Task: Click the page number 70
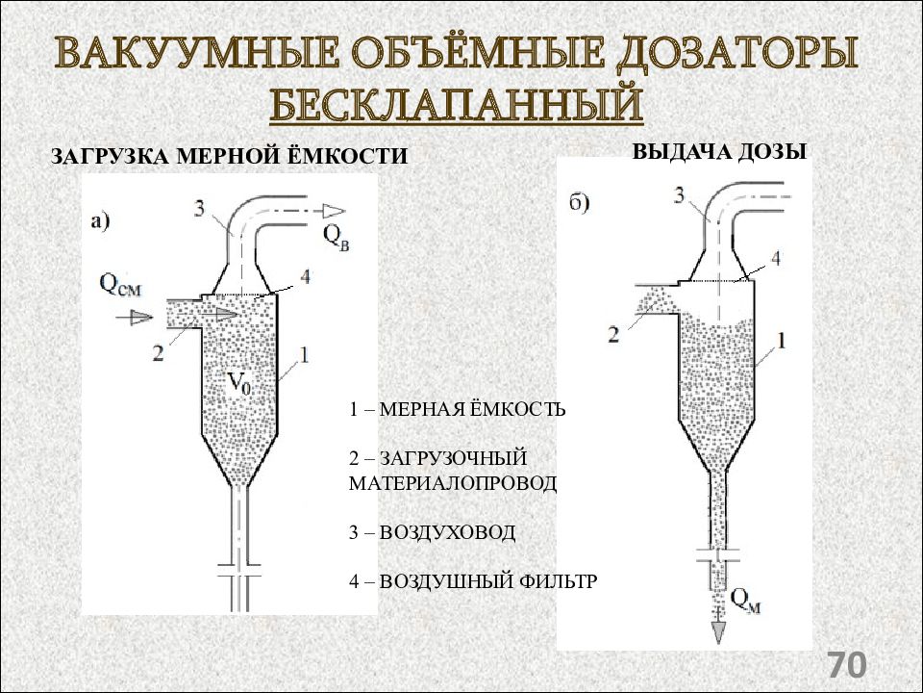848,665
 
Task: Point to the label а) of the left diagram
100,221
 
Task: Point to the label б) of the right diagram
579,202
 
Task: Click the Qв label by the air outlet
336,239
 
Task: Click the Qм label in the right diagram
745,601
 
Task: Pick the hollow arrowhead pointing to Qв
334,212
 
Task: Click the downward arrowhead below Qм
718,632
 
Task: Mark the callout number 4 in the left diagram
305,276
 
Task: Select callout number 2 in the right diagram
613,335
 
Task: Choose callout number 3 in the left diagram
199,209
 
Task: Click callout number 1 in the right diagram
782,341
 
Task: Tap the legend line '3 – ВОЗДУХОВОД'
432,532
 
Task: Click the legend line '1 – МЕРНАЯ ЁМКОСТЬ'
457,408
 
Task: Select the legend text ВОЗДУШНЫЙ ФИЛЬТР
488,581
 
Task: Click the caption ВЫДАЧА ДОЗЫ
719,151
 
